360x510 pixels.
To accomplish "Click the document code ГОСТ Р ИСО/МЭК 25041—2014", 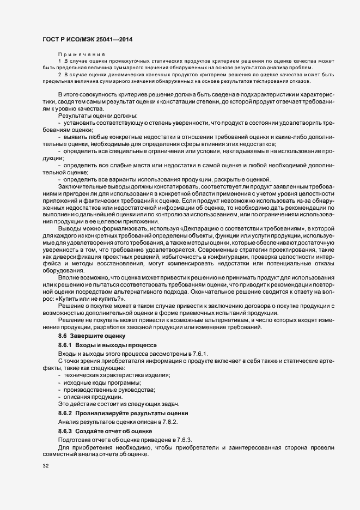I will (87, 40).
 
